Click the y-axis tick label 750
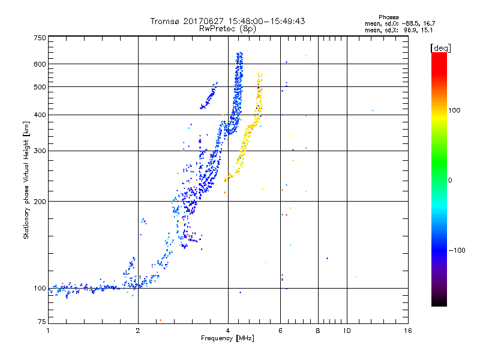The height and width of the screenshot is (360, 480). pos(40,37)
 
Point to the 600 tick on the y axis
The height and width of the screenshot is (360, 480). pos(40,64)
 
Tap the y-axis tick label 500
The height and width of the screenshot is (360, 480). pos(40,87)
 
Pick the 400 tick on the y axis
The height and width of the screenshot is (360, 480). pos(40,115)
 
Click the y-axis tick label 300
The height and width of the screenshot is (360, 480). pos(40,151)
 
